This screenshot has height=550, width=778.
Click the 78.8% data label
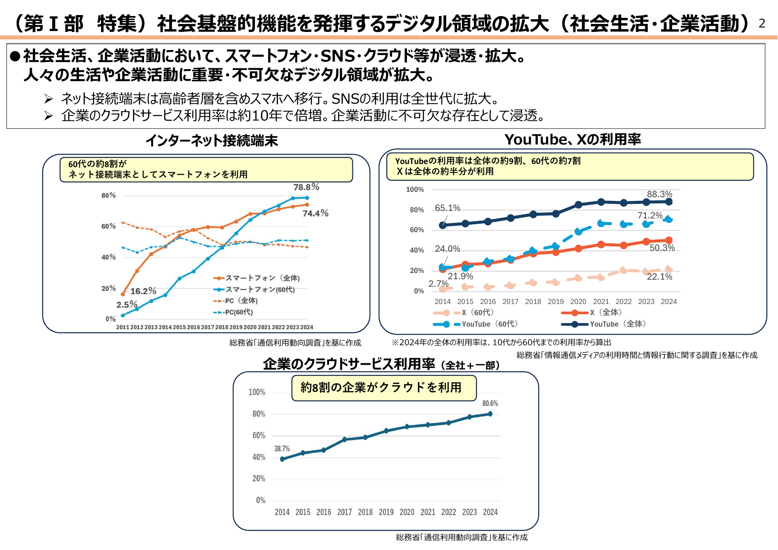point(306,187)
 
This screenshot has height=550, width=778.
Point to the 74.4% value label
point(315,214)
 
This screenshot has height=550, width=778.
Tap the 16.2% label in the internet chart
point(143,291)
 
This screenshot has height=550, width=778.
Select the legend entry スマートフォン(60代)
point(260,289)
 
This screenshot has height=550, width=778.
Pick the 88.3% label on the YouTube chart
point(659,194)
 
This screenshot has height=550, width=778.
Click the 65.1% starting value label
point(447,208)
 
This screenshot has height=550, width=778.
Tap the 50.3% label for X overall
point(662,248)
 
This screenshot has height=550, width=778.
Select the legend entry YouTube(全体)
point(617,324)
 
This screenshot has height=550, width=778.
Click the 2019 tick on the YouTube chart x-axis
point(555,302)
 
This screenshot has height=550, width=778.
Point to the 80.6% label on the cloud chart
point(490,403)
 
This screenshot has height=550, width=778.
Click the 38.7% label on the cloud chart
point(282,449)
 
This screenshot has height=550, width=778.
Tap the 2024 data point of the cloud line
point(490,414)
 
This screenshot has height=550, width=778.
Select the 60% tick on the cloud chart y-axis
point(258,436)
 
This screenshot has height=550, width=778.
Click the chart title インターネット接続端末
point(211,141)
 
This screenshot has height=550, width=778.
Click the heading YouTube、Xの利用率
point(572,140)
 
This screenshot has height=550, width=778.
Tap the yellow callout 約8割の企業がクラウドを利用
point(383,388)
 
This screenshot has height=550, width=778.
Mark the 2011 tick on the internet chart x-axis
point(122,328)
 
